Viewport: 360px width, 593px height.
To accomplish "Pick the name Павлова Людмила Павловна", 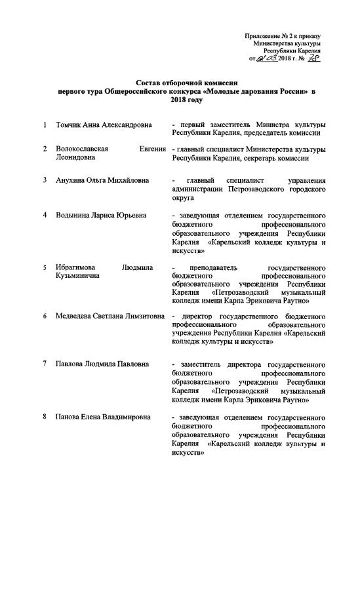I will tap(103, 364).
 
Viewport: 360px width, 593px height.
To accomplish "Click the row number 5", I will tap(45, 267).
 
